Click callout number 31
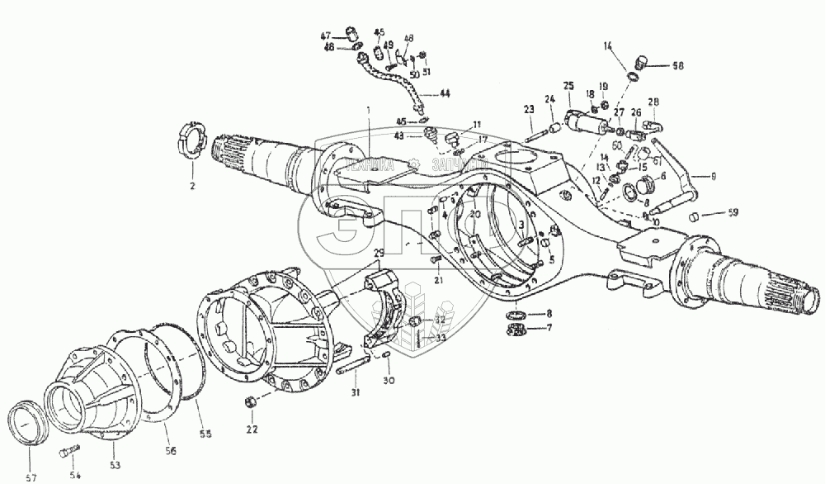click(x=355, y=391)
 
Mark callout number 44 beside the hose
click(x=444, y=94)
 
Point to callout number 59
click(x=733, y=213)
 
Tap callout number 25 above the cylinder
click(x=568, y=85)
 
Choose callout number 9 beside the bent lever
click(x=714, y=175)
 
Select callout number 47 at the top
click(x=326, y=35)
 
